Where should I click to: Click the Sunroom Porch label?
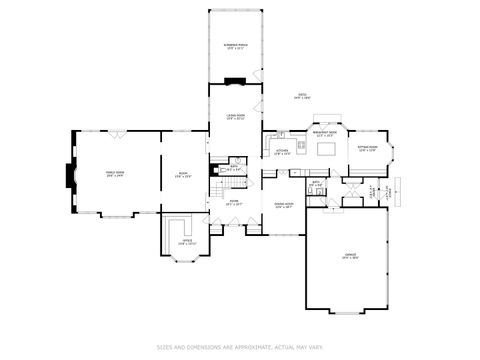click(x=237, y=48)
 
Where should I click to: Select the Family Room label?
click(x=115, y=174)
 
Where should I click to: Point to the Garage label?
click(x=351, y=256)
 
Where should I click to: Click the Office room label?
click(x=187, y=241)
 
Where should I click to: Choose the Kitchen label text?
click(x=282, y=152)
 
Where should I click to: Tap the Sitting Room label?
click(x=367, y=149)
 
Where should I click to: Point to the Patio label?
click(x=301, y=96)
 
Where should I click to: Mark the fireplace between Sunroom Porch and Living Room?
click(x=236, y=84)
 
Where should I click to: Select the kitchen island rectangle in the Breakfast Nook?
click(x=327, y=150)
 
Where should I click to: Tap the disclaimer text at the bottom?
click(x=240, y=347)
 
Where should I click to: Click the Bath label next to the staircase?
click(x=232, y=168)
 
